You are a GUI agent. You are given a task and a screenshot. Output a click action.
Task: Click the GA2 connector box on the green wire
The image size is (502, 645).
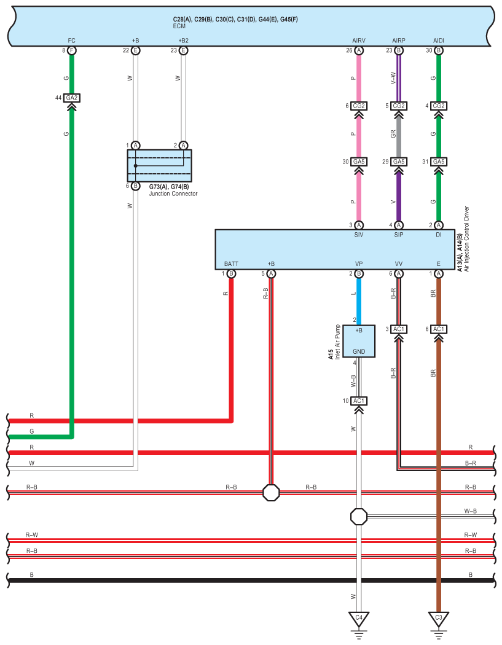click(x=72, y=98)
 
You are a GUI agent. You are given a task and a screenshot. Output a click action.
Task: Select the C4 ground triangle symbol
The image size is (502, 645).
click(x=359, y=618)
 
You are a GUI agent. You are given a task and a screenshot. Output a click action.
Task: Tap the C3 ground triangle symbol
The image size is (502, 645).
click(x=439, y=618)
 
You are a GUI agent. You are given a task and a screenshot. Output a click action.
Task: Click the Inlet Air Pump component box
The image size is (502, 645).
click(x=359, y=341)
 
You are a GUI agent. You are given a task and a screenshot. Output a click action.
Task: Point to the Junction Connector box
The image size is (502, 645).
click(x=159, y=166)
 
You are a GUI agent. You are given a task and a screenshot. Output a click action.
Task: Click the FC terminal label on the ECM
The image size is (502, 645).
click(x=72, y=41)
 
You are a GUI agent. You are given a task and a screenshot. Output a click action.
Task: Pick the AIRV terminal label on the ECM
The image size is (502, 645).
click(x=359, y=41)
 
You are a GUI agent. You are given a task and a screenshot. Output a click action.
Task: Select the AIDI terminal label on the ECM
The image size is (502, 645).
click(x=439, y=41)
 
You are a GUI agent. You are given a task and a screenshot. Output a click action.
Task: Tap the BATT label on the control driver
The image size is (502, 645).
click(x=231, y=264)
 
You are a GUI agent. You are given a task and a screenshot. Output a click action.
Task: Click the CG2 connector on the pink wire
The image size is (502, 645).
click(x=359, y=106)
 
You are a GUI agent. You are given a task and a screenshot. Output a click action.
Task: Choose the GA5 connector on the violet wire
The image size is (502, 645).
click(x=399, y=162)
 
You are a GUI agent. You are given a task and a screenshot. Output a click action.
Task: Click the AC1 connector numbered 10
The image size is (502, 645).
click(x=359, y=401)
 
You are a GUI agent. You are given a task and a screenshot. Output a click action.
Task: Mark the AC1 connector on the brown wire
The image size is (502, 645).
click(x=439, y=329)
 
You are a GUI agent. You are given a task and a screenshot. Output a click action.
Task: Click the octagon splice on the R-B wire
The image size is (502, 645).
click(x=271, y=493)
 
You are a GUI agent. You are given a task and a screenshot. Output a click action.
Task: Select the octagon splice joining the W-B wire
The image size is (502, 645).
click(x=359, y=516)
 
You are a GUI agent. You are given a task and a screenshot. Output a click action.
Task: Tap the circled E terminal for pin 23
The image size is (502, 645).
click(x=184, y=50)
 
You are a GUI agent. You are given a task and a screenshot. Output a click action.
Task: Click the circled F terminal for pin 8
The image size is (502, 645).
click(x=72, y=50)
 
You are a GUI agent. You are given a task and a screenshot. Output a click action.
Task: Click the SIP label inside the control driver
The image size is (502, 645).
click(x=399, y=235)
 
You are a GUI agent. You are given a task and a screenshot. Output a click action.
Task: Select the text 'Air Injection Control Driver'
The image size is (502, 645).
click(x=466, y=238)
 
